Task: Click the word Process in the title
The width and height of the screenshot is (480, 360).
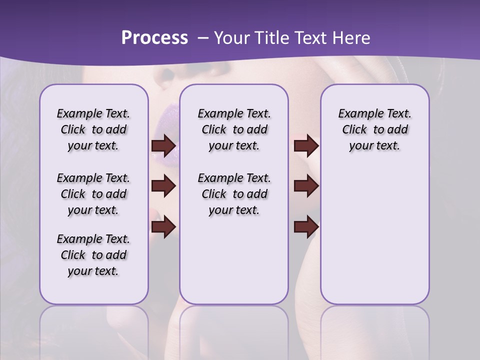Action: pos(154,38)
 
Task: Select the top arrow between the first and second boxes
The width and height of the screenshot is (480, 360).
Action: pos(163,146)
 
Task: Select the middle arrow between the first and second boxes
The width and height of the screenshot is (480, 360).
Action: pos(163,186)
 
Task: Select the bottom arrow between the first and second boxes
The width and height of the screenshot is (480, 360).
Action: pos(163,227)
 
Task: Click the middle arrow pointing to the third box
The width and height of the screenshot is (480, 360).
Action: pos(306,186)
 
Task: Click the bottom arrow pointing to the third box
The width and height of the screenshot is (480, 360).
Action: pos(306,227)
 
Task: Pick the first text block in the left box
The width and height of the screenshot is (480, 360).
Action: pos(93,129)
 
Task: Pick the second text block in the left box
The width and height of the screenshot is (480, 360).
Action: pos(93,194)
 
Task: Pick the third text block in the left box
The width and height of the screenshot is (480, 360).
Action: pos(93,255)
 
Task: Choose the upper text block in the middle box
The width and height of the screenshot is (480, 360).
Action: pos(234,129)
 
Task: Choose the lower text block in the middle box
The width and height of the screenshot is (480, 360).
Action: pos(234,194)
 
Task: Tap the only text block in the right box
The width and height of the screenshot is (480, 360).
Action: pos(374,129)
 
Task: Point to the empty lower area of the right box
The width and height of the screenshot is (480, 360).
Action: pos(374,240)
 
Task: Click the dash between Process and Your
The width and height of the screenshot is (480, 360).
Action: pos(202,38)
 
